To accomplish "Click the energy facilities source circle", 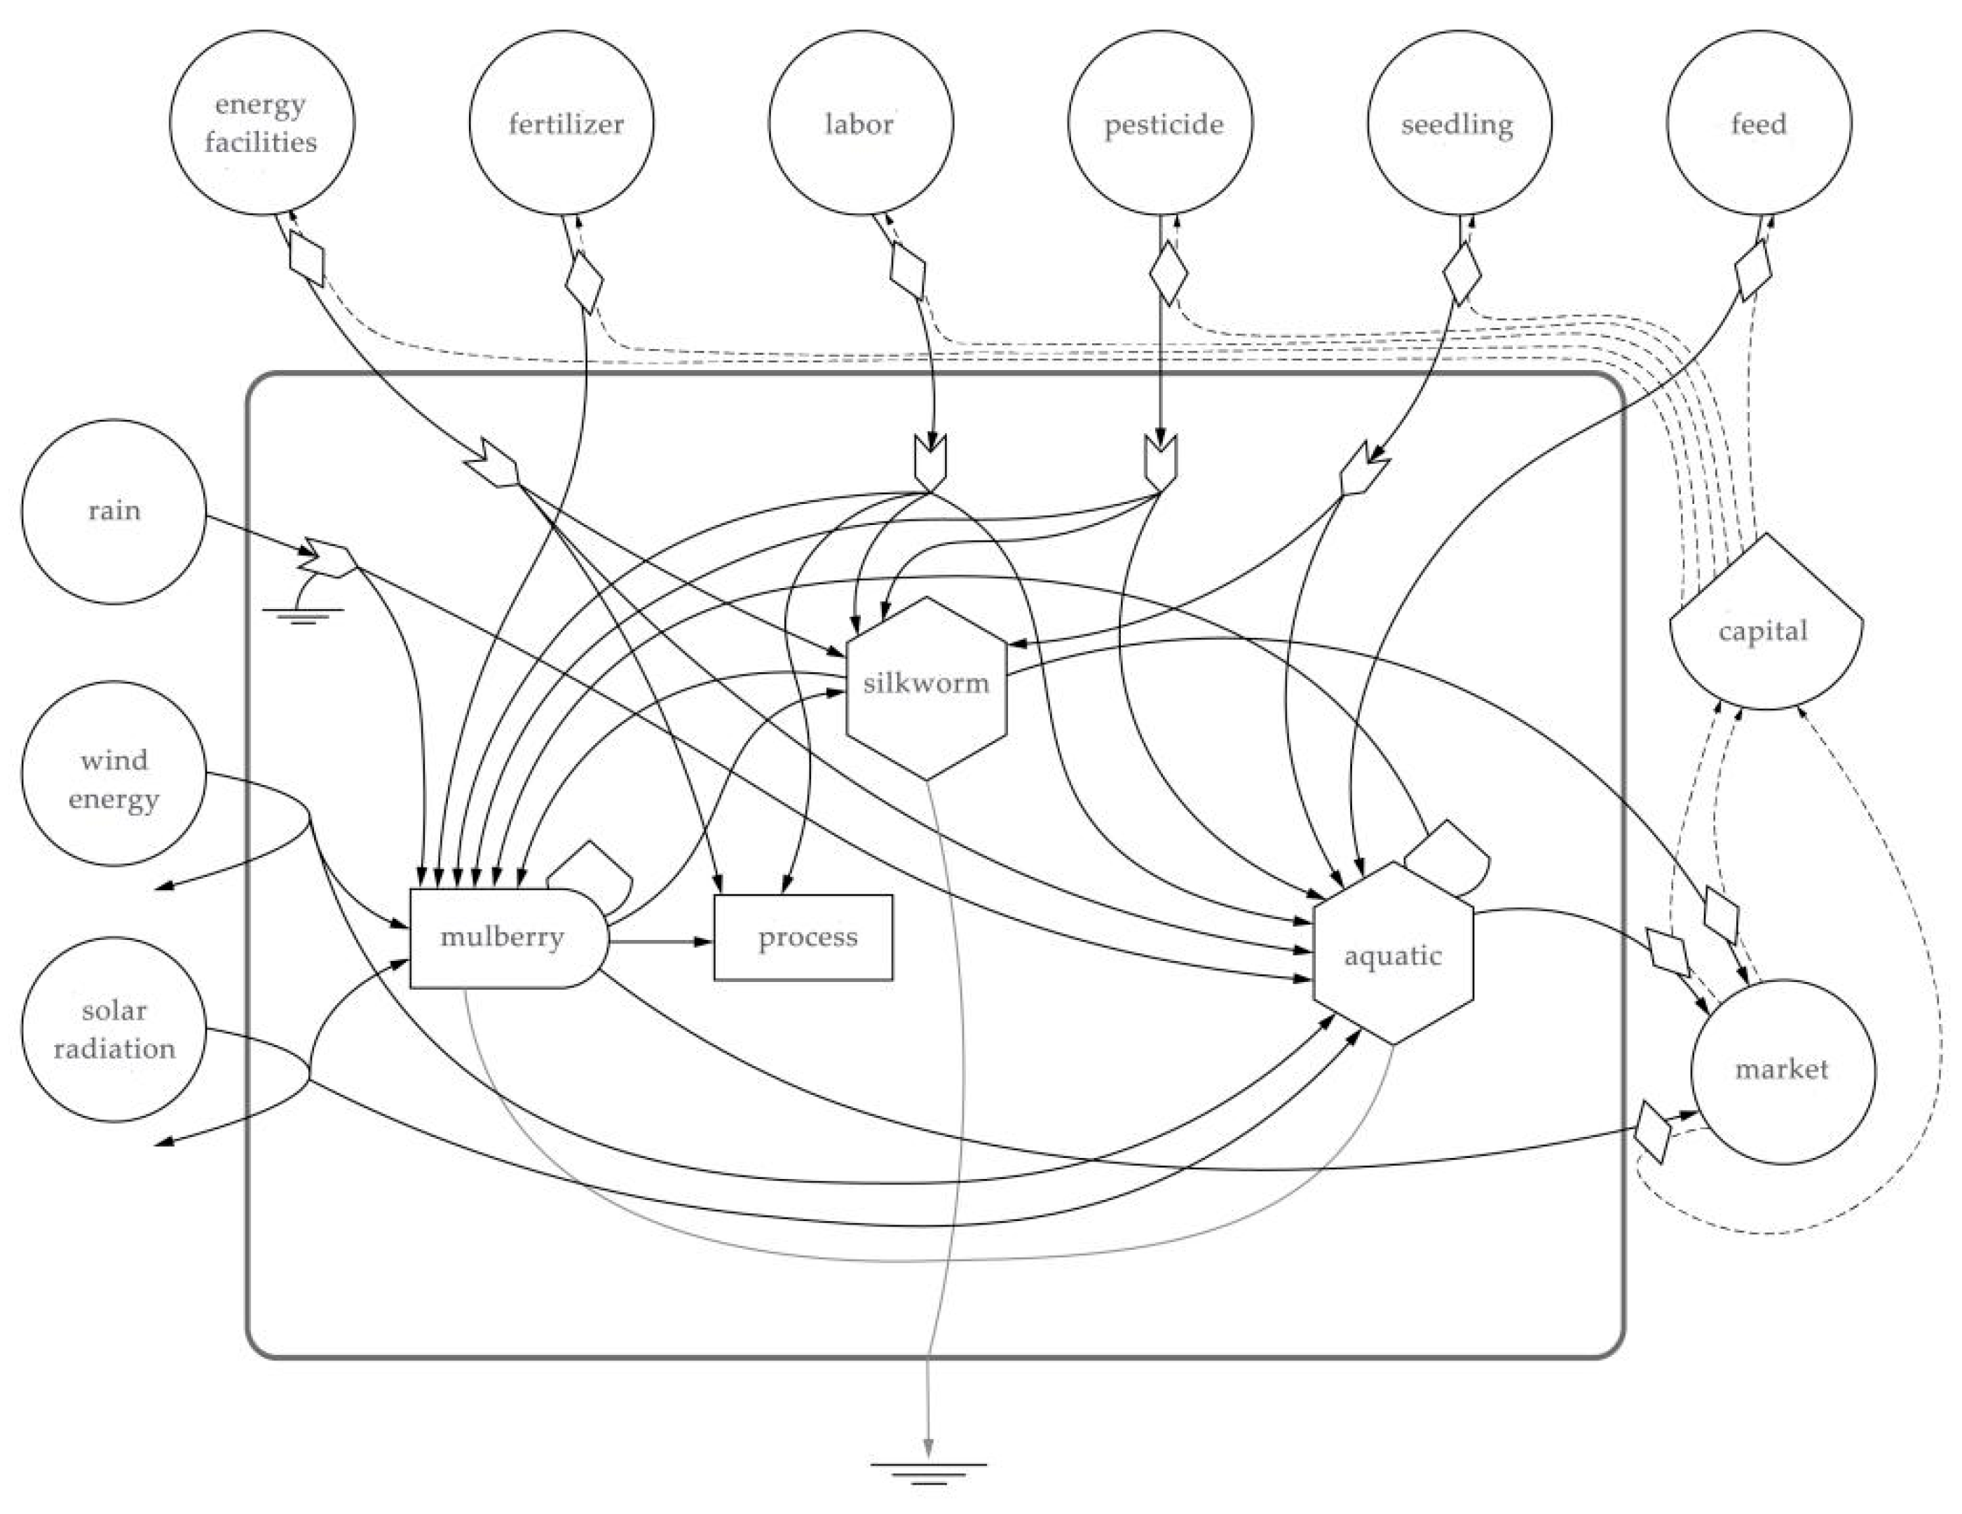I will tap(261, 123).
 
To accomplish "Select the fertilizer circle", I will tap(561, 123).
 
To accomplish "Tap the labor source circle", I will tap(861, 123).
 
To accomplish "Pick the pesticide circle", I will tap(1161, 123).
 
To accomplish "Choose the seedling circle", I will tap(1460, 123).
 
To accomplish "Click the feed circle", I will tap(1759, 123).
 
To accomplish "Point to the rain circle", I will tap(114, 511).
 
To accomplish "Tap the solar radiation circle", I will tap(114, 1030).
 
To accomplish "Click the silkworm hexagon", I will tap(926, 688).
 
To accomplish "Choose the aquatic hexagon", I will tap(1392, 954).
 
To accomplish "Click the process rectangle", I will tap(803, 937).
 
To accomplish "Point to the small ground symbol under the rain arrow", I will tap(302, 615).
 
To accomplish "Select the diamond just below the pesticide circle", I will tap(1168, 272).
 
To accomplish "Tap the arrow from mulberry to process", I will tap(661, 941).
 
